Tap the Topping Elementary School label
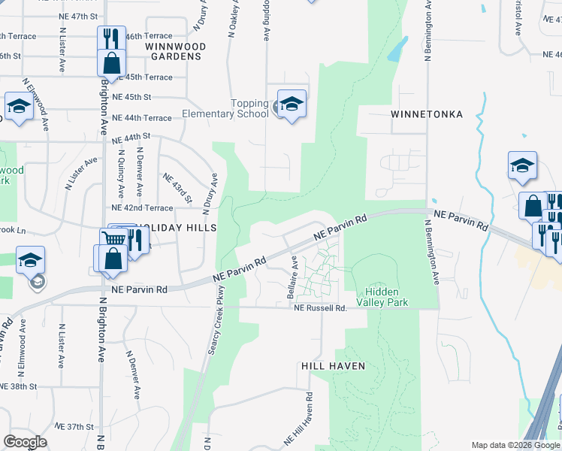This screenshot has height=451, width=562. coord(225,109)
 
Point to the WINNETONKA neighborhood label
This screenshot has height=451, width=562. coord(426,114)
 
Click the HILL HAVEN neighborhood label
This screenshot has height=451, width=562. coord(333,366)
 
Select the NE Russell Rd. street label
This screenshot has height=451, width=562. coord(321,308)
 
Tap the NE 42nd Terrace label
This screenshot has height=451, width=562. coord(142,207)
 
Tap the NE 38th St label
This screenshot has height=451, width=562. coord(18,386)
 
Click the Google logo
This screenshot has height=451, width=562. coord(25,442)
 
